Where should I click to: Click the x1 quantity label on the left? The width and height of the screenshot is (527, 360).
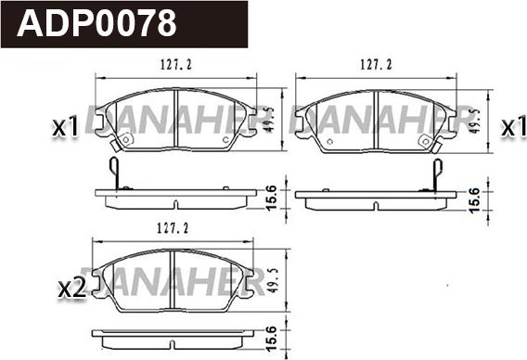(65, 128)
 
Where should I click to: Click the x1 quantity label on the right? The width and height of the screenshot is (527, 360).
(511, 127)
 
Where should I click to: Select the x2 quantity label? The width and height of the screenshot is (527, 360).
(71, 289)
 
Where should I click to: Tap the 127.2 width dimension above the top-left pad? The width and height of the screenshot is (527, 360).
(169, 65)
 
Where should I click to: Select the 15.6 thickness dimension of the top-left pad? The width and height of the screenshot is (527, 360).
(271, 197)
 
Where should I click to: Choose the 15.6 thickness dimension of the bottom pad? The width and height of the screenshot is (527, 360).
(271, 337)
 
